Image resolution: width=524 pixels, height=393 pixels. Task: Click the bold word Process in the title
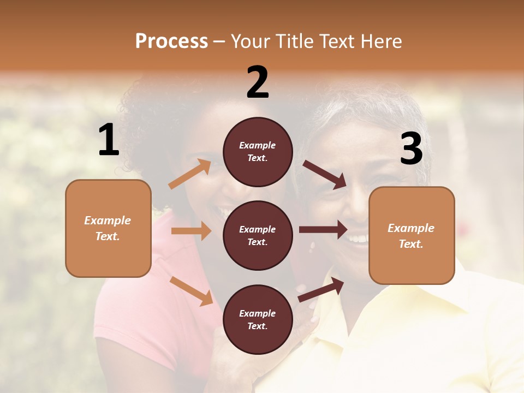click(x=171, y=41)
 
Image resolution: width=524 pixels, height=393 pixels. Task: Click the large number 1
click(x=109, y=140)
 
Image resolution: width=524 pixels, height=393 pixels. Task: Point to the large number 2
click(x=258, y=82)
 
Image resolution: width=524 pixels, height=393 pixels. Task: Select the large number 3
click(x=411, y=148)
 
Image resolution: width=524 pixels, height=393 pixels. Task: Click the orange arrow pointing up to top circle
click(x=190, y=174)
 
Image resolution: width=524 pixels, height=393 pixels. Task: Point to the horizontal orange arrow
click(x=191, y=231)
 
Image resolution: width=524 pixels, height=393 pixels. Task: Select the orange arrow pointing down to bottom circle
click(x=191, y=290)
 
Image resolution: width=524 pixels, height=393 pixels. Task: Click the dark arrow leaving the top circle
click(x=325, y=175)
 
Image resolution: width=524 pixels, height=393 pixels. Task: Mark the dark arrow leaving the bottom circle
click(x=321, y=289)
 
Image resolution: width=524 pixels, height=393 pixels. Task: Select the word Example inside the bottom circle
click(x=258, y=313)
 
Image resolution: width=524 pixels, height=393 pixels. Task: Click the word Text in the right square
click(x=410, y=244)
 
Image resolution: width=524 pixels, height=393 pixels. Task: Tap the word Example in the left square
click(x=108, y=221)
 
